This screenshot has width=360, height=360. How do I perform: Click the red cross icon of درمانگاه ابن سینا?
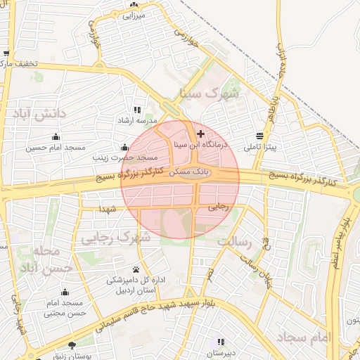[x=201, y=134]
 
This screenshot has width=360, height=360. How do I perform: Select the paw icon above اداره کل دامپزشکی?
[x=136, y=269]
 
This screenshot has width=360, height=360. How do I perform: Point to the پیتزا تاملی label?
[x=260, y=148]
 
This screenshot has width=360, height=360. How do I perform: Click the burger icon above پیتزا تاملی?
[x=260, y=136]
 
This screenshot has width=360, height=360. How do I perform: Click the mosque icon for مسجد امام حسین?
[x=56, y=136]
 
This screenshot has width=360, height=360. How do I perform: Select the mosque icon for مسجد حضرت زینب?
[x=125, y=147]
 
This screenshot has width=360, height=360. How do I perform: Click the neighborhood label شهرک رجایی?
[x=115, y=238]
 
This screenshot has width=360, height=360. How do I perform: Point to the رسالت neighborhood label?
[x=234, y=241]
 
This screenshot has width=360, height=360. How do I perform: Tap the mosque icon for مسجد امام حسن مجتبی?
[x=65, y=292]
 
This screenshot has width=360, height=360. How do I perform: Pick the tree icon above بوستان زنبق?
[x=72, y=345]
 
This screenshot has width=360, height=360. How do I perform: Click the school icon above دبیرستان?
[x=221, y=342]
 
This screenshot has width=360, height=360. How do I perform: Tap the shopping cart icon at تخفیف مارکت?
[x=6, y=53]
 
